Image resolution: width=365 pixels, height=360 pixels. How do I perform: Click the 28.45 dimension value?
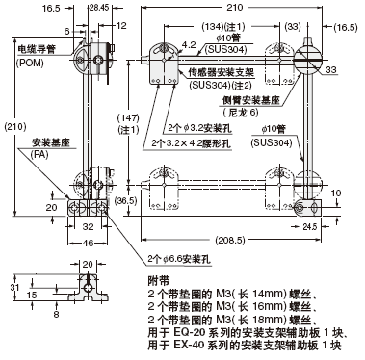(x=99, y=8)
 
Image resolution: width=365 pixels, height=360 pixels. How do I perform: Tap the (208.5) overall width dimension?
(x=230, y=240)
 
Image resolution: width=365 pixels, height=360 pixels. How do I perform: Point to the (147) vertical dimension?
(x=128, y=117)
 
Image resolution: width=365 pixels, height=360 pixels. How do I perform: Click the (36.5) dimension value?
(x=125, y=201)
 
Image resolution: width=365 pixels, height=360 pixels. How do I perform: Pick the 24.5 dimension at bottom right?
(x=310, y=227)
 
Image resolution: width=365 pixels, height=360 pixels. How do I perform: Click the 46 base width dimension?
(x=88, y=243)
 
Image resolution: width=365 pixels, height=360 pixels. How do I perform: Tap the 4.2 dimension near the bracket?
(x=189, y=44)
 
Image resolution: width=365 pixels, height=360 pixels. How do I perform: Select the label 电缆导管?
(x=37, y=49)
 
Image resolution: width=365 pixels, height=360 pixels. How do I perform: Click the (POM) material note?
(x=30, y=63)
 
